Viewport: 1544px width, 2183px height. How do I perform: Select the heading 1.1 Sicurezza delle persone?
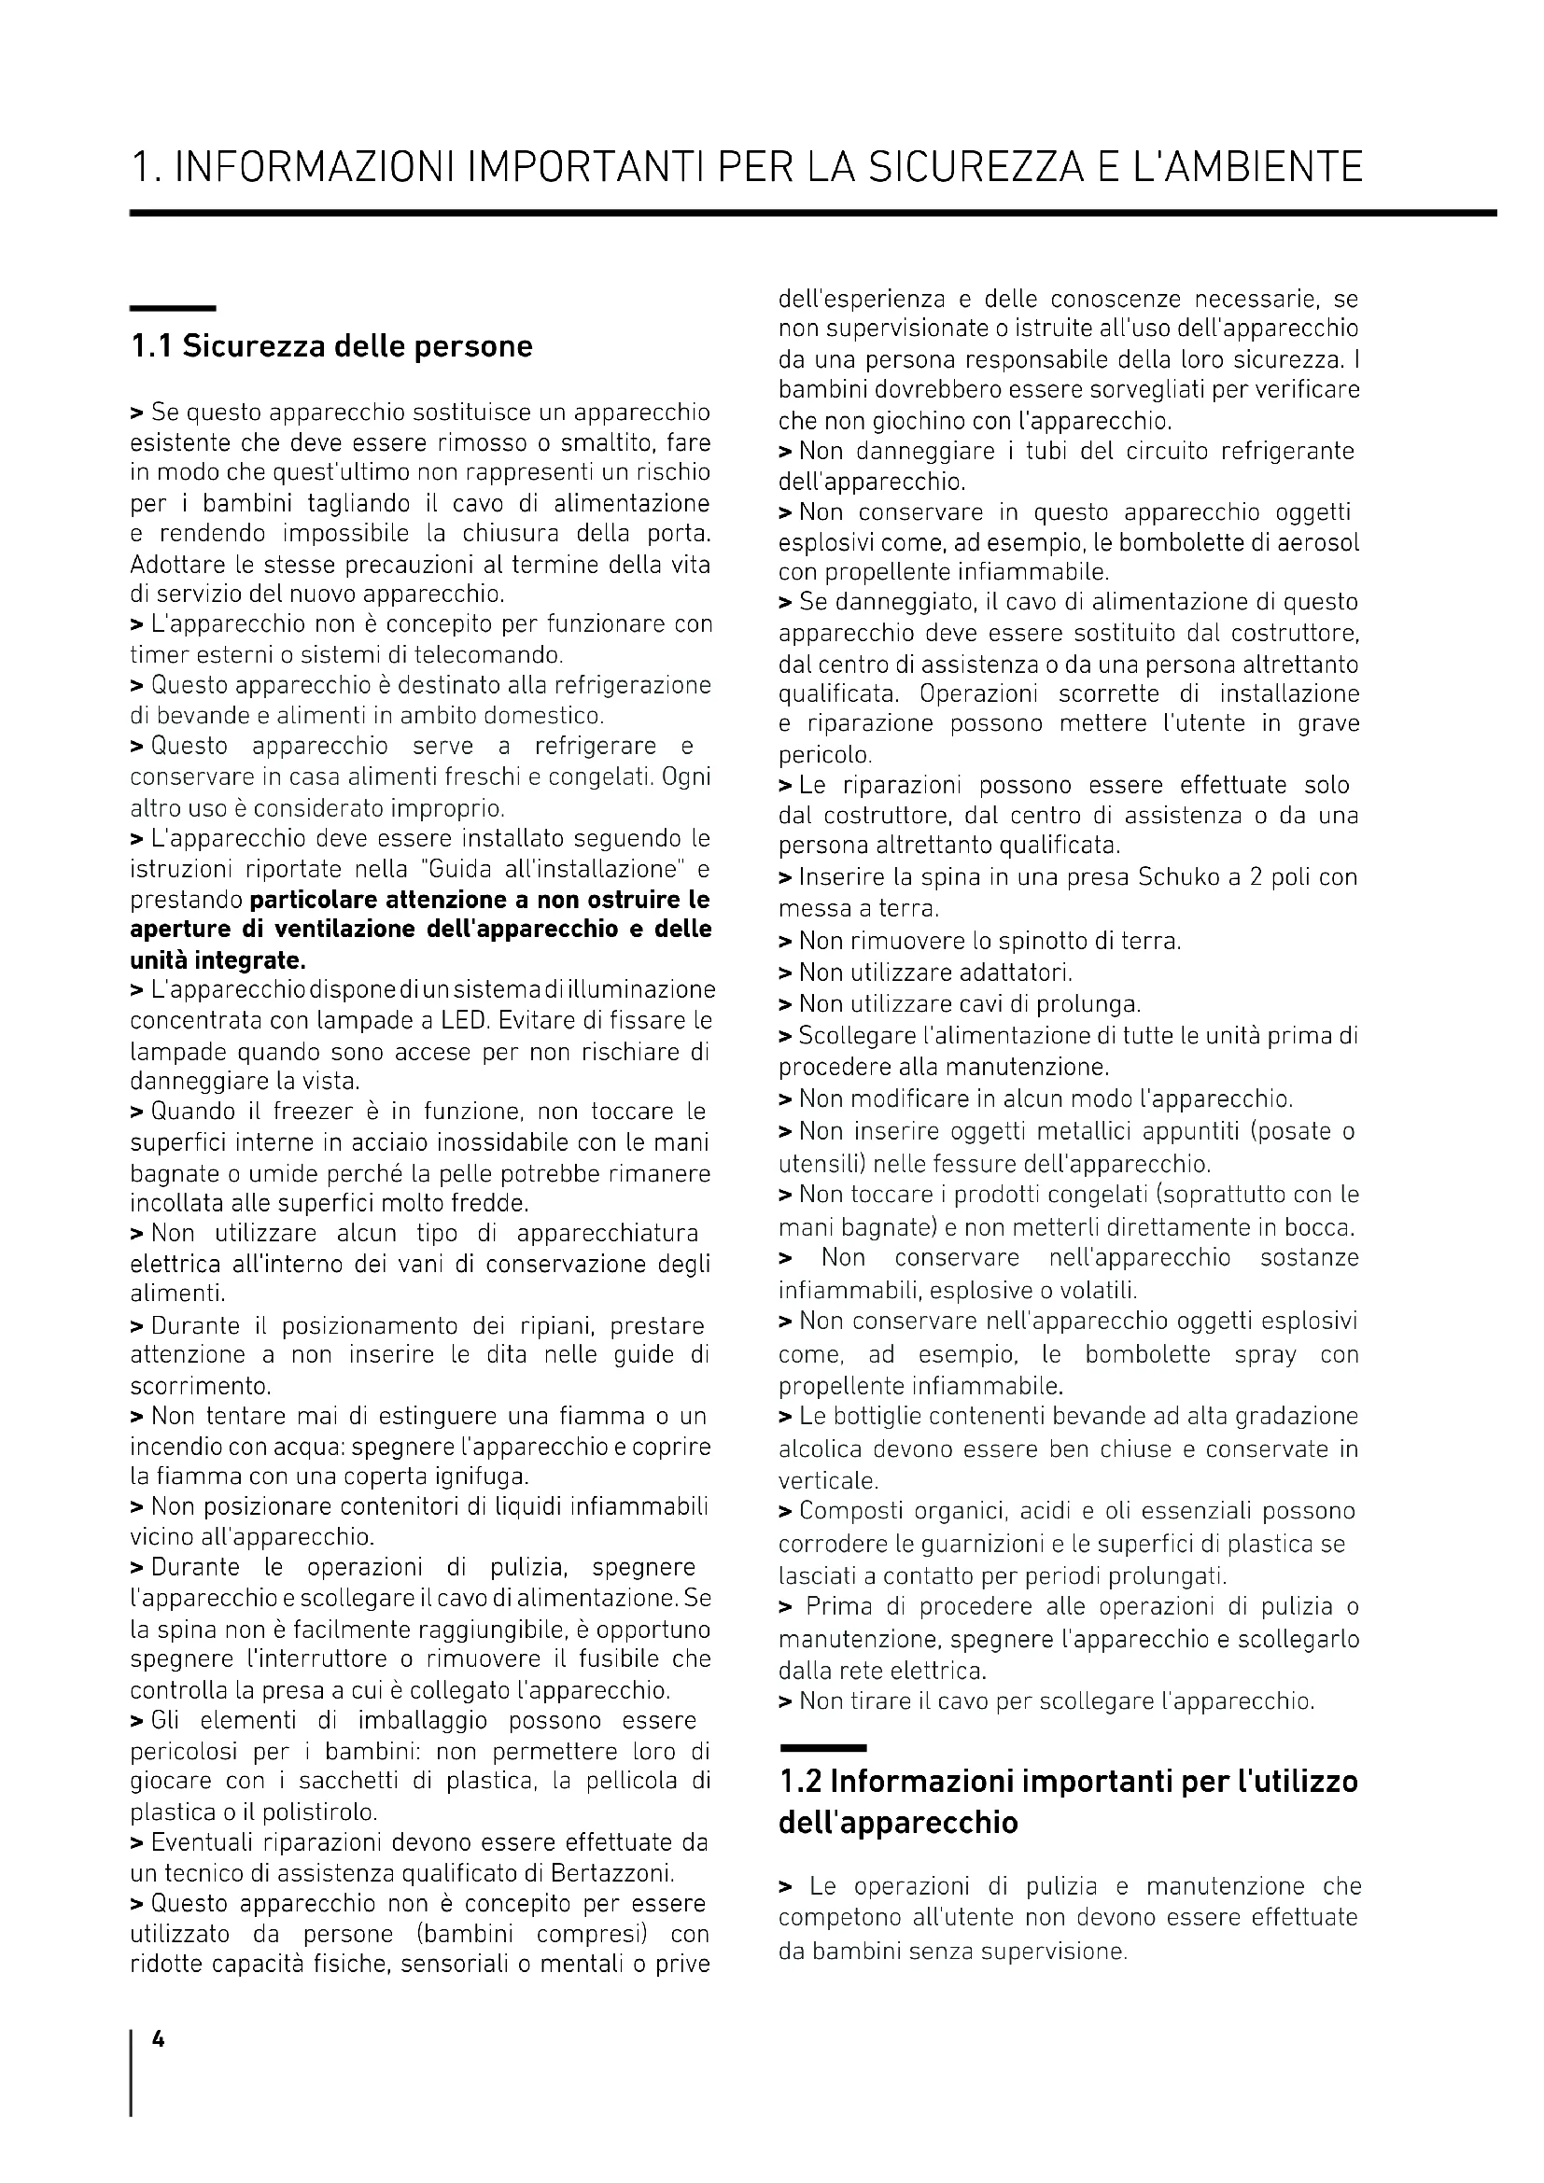click(x=330, y=346)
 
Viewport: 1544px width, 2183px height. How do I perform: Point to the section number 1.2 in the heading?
click(x=801, y=1781)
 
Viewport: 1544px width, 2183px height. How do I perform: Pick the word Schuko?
click(x=1176, y=876)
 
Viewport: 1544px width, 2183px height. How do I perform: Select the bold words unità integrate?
click(x=218, y=959)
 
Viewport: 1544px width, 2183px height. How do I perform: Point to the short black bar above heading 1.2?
click(x=822, y=1747)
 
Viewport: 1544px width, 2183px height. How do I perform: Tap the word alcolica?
click(x=820, y=1449)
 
